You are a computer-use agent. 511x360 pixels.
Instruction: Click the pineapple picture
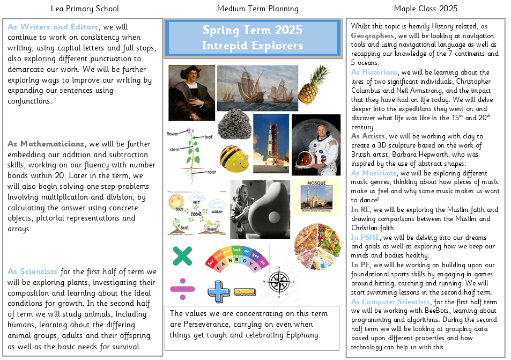314,86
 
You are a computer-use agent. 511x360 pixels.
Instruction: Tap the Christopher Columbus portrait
191,92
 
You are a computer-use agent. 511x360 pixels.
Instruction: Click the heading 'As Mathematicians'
46,144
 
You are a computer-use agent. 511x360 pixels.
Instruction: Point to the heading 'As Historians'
374,72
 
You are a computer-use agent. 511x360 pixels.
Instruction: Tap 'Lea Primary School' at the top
85,9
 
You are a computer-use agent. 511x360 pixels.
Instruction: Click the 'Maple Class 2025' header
426,9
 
